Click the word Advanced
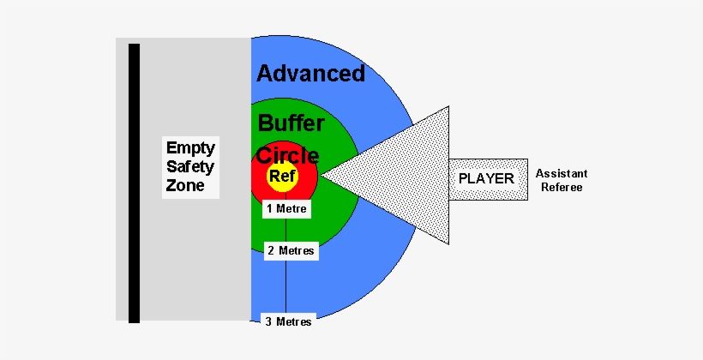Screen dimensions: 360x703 coord(310,74)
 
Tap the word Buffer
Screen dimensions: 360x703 coord(291,123)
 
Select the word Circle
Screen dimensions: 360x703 coord(288,156)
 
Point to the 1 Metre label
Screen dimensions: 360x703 coord(285,208)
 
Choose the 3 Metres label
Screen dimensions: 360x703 coord(287,321)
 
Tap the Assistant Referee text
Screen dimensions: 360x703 coord(562,179)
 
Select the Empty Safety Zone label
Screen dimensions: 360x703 coord(190,166)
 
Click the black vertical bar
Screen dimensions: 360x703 coord(134,183)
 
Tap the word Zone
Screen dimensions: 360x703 coord(185,185)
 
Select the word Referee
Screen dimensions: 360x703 coord(562,187)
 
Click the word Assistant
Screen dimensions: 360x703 coord(562,172)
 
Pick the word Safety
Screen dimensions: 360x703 coord(190,165)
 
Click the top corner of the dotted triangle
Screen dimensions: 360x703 coord(448,107)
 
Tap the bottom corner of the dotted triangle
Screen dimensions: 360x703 coord(448,246)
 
